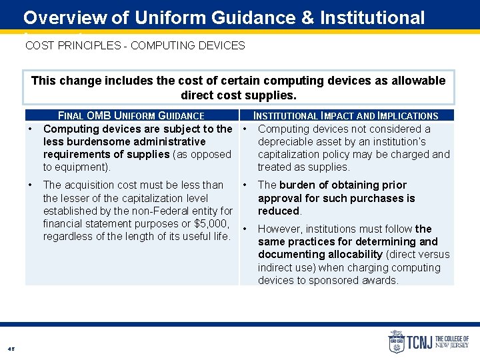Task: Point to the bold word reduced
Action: click(279, 211)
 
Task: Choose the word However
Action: click(280, 229)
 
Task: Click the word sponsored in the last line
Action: click(363, 280)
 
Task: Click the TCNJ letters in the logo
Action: click(419, 342)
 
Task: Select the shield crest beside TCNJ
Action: click(396, 341)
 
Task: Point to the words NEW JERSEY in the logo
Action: click(452, 345)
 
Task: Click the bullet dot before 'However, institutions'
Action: click(245, 229)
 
